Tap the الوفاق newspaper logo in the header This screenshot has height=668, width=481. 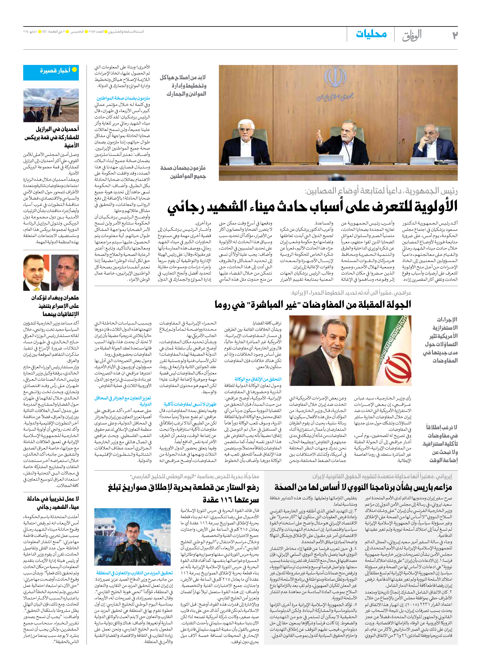tap(412, 35)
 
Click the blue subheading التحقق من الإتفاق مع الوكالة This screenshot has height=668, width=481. tap(258, 379)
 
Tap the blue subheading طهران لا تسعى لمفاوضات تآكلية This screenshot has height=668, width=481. tap(190, 404)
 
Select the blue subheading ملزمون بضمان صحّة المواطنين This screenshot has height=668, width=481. tap(123, 98)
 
